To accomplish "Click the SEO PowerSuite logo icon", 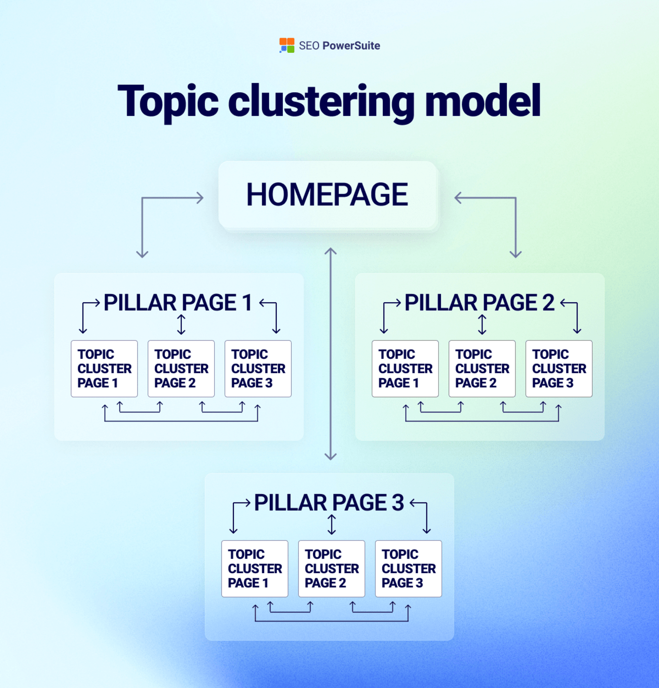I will tap(287, 46).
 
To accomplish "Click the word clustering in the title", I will tap(321, 101).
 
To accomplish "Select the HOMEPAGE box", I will tap(328, 195).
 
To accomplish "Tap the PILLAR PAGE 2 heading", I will tap(479, 303).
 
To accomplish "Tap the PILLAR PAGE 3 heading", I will tap(329, 503).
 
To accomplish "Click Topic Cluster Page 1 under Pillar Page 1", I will tap(104, 369).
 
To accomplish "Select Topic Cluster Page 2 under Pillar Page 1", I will tap(181, 369).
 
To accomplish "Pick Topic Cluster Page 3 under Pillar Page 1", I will tap(258, 369).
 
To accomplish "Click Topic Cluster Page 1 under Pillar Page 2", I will tap(405, 369).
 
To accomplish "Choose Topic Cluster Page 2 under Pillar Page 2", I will tap(482, 369).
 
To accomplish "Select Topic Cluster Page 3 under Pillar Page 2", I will tap(559, 369).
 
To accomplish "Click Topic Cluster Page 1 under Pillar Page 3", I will tap(255, 569).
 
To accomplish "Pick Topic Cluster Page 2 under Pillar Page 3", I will tap(332, 569).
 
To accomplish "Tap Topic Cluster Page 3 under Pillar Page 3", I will tap(409, 569).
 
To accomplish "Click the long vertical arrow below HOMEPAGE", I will tap(330, 353).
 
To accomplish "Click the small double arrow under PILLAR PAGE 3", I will tap(332, 525).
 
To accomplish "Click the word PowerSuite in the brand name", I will tap(351, 46).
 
